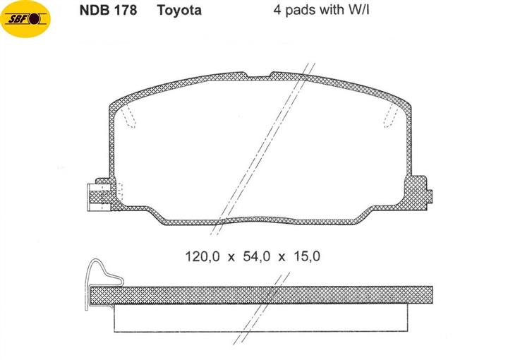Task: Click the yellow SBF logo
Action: click(x=25, y=19)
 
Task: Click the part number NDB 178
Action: click(x=108, y=10)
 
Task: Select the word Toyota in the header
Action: click(x=179, y=10)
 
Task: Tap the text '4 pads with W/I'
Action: click(x=321, y=10)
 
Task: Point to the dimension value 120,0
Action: click(x=202, y=256)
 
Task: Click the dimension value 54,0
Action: click(x=256, y=256)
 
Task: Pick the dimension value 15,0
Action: click(x=306, y=256)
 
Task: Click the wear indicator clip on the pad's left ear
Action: click(x=99, y=198)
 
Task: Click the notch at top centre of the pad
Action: click(x=259, y=76)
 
